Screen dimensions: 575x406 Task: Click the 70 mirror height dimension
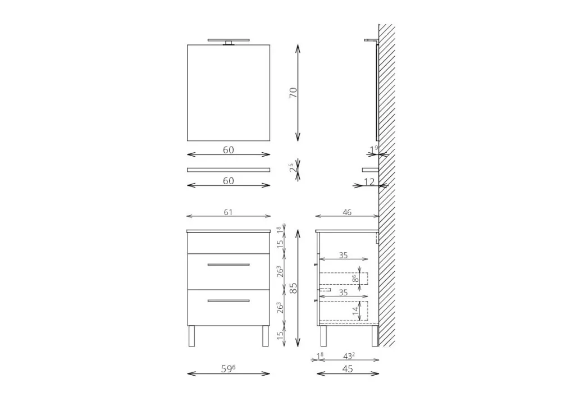point(293,93)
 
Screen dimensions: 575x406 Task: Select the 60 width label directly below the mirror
point(228,150)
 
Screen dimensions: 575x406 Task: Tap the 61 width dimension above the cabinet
point(228,212)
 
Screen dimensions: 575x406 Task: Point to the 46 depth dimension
point(347,212)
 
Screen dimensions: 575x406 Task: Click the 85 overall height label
point(293,288)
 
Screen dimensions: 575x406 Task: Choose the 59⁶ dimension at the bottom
point(228,368)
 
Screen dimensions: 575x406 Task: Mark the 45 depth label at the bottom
point(347,368)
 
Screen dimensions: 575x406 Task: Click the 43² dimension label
point(349,356)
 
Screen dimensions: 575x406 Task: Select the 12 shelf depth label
point(369,181)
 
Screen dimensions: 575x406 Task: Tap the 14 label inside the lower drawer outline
point(355,311)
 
